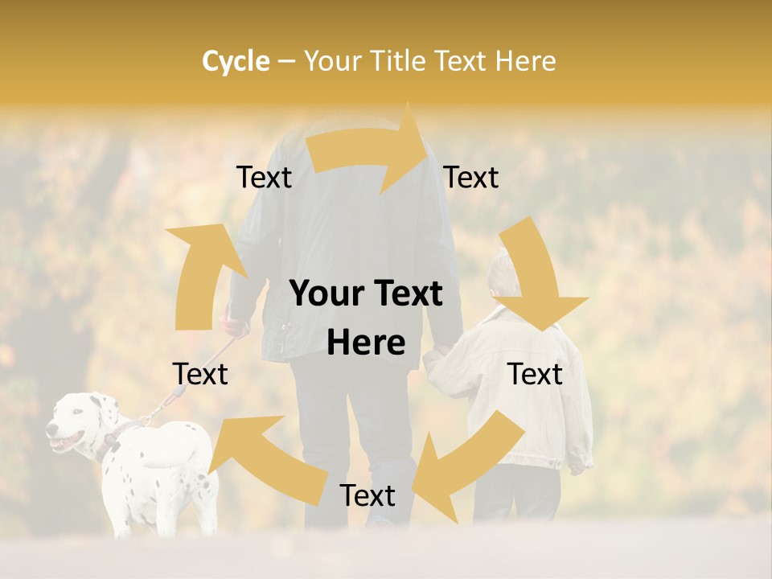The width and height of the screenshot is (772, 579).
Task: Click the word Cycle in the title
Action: tap(236, 61)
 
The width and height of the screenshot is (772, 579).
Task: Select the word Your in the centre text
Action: tap(326, 294)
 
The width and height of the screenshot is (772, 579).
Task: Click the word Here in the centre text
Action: tap(365, 343)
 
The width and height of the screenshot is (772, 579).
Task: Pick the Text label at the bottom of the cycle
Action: tap(368, 495)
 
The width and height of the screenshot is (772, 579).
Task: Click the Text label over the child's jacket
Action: tap(535, 374)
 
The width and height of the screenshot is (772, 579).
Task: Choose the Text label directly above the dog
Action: tap(200, 374)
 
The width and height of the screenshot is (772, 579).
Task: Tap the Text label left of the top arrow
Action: tap(264, 178)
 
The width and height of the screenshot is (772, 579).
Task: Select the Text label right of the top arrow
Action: tap(471, 178)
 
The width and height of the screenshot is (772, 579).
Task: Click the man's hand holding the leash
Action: tap(235, 326)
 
